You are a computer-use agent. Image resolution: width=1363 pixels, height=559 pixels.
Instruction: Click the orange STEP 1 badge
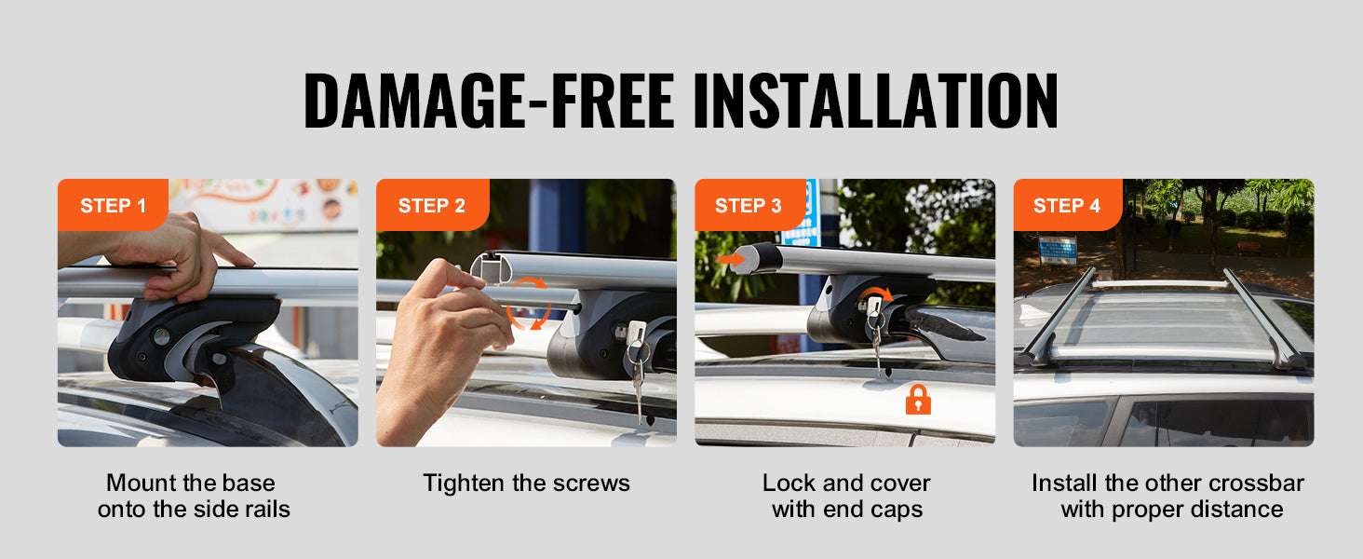pyautogui.click(x=113, y=205)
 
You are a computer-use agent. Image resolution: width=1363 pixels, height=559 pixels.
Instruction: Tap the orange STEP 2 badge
pyautogui.click(x=432, y=205)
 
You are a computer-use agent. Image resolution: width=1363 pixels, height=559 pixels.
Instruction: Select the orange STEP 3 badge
pyautogui.click(x=749, y=205)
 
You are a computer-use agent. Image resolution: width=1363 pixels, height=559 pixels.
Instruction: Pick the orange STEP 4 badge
pyautogui.click(x=1068, y=205)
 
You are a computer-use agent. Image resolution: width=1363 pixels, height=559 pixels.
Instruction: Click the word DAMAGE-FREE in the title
pyautogui.click(x=489, y=101)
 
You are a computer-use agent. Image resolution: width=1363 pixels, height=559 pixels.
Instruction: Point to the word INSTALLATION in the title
pyautogui.click(x=875, y=101)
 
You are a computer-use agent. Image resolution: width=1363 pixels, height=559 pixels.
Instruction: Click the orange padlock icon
pyautogui.click(x=918, y=400)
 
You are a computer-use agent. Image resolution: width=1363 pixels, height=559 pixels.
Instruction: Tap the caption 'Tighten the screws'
pyautogui.click(x=526, y=483)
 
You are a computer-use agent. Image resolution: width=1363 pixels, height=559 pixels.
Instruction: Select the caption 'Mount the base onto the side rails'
pyautogui.click(x=194, y=496)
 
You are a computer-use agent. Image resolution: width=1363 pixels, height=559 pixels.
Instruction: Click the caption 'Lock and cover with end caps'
pyautogui.click(x=846, y=496)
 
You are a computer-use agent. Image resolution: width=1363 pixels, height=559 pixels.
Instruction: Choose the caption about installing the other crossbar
pyautogui.click(x=1167, y=496)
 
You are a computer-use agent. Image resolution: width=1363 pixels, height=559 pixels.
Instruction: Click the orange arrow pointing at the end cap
pyautogui.click(x=730, y=259)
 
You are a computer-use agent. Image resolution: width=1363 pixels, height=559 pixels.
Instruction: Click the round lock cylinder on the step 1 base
pyautogui.click(x=161, y=336)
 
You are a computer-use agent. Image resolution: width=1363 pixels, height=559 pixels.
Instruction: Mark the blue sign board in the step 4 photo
pyautogui.click(x=1058, y=250)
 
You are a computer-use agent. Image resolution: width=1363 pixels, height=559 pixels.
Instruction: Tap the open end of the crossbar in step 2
pyautogui.click(x=491, y=269)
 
